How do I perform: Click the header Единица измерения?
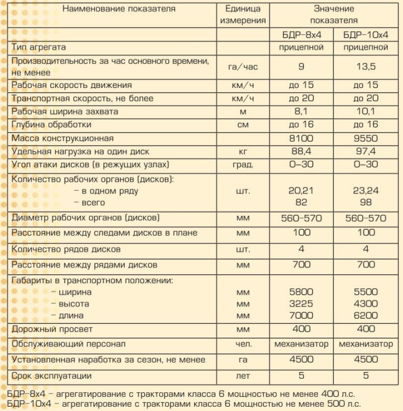(243, 15)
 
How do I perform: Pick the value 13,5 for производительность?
(366, 67)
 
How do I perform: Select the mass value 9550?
(366, 138)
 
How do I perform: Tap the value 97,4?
(366, 151)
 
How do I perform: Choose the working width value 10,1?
(366, 112)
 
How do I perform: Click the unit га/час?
(243, 67)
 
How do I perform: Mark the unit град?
(243, 165)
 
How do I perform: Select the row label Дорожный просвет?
(52, 330)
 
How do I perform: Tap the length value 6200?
(366, 315)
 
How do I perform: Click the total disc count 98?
(366, 203)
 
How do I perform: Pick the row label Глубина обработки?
(55, 125)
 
